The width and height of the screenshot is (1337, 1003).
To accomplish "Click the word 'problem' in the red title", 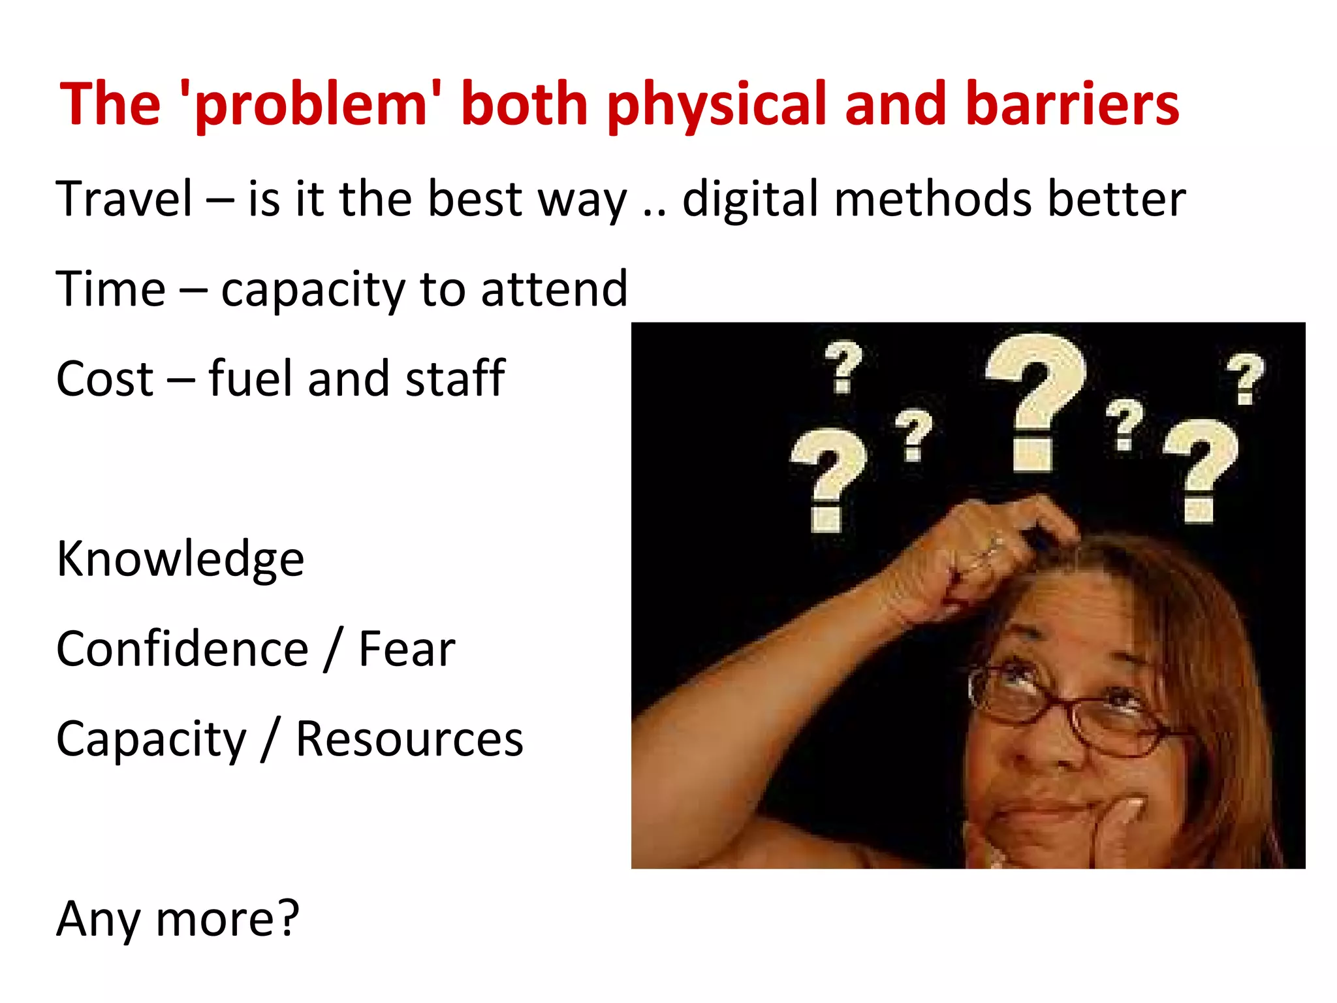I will (x=310, y=104).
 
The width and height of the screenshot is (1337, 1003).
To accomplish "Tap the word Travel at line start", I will (x=124, y=199).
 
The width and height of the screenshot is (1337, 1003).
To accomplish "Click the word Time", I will (x=111, y=289).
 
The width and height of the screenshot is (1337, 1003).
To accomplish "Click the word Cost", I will (x=104, y=379).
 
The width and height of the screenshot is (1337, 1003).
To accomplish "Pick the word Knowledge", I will (x=180, y=559).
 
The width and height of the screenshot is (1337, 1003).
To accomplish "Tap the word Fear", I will (x=406, y=649).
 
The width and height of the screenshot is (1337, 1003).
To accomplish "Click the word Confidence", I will (x=182, y=649).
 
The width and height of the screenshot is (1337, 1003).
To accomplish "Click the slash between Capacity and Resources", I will (x=270, y=739).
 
